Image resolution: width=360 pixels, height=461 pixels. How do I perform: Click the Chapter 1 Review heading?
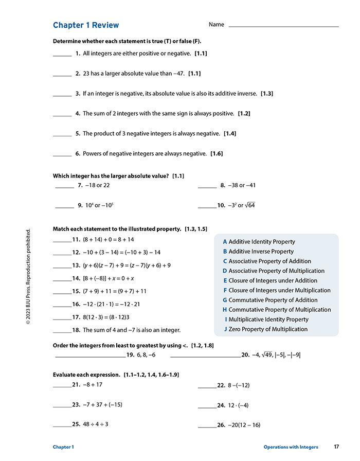click(86, 25)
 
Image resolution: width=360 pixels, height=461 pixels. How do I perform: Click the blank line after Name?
click(283, 25)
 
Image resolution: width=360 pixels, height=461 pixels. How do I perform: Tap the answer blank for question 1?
click(62, 54)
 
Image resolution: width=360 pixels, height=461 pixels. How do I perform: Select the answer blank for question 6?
click(62, 154)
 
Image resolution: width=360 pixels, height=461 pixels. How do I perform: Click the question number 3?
click(77, 94)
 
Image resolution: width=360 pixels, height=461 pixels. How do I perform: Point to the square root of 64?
click(250, 205)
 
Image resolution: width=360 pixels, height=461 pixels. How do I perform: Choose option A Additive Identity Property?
click(259, 242)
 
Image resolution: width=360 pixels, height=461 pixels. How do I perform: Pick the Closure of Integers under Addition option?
click(269, 281)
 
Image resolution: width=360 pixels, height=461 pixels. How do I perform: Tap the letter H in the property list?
click(225, 310)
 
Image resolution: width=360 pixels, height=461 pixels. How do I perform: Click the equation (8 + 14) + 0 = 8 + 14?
click(109, 240)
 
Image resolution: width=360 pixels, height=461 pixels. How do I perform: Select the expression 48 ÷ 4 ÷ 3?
click(95, 424)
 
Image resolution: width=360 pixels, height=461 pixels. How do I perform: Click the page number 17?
click(336, 447)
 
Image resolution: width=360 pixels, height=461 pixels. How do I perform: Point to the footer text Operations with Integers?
click(291, 447)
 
